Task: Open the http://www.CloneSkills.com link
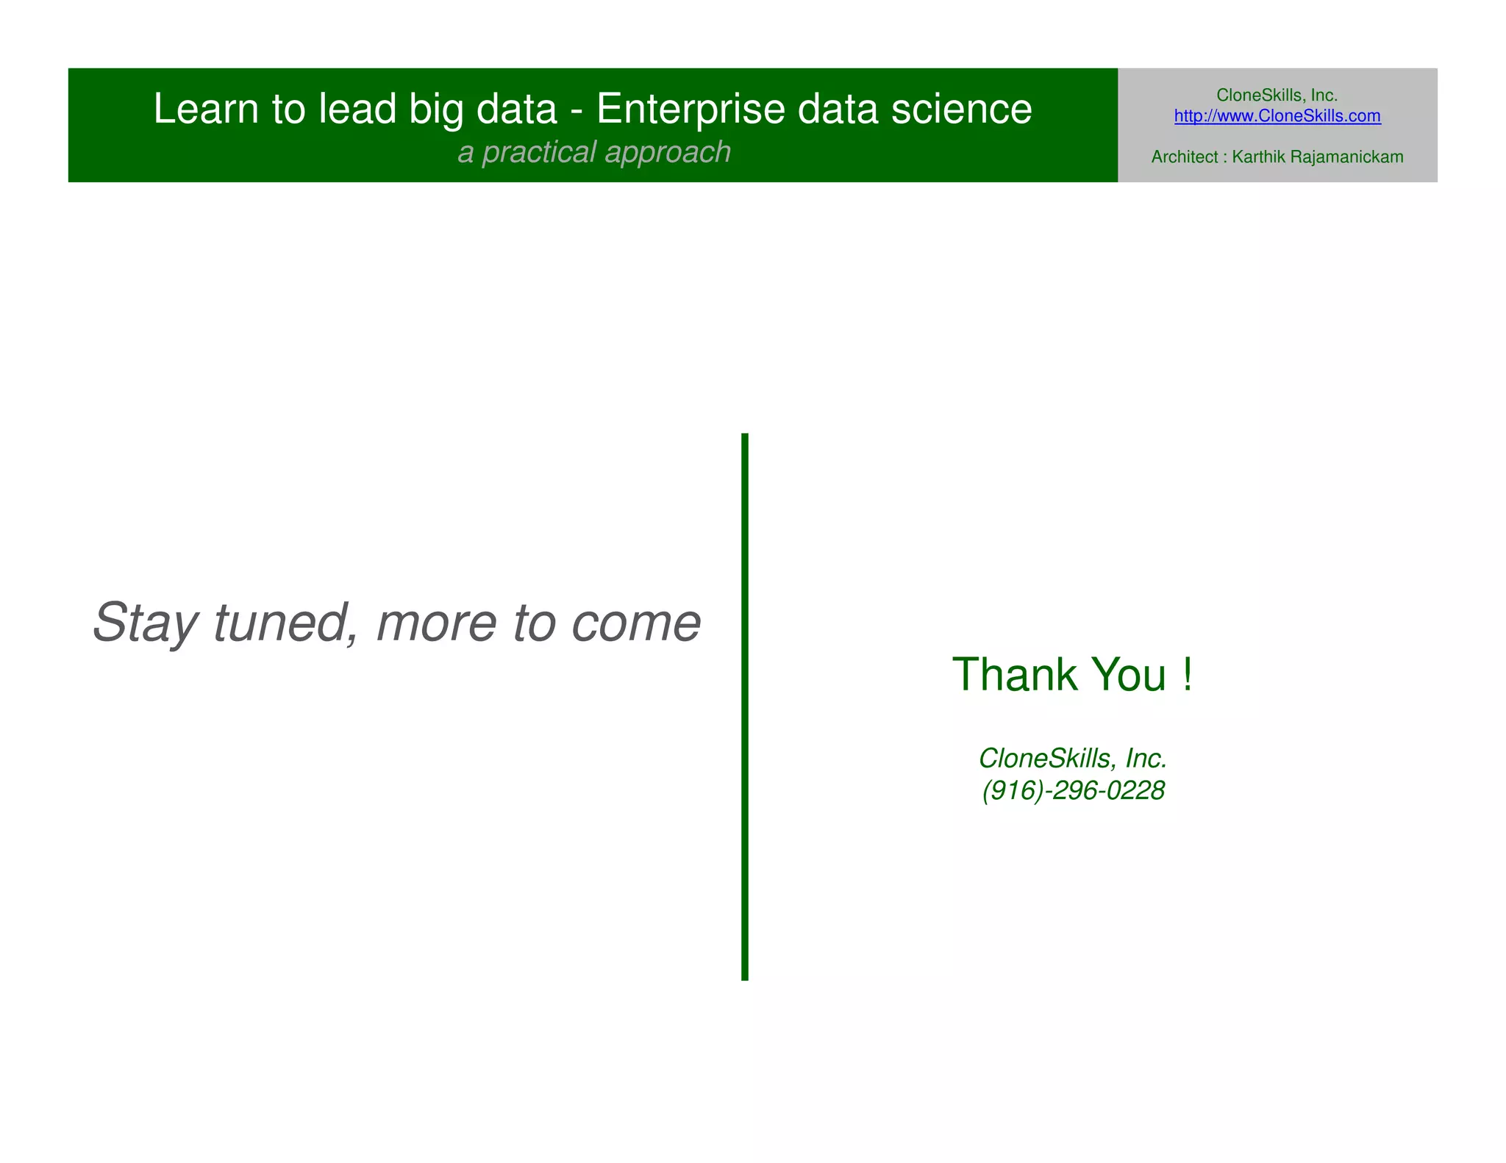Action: click(x=1277, y=116)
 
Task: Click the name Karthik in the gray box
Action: click(x=1258, y=157)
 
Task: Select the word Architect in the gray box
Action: click(x=1184, y=157)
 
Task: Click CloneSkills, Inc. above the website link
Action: click(x=1277, y=95)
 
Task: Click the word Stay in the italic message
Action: click(x=145, y=623)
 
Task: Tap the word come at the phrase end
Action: click(x=636, y=623)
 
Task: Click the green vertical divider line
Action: click(x=744, y=706)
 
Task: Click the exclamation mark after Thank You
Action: click(x=1187, y=674)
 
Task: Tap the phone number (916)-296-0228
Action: click(x=1073, y=791)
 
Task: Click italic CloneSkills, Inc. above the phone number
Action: click(x=1073, y=758)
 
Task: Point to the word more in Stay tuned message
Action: click(x=436, y=623)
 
